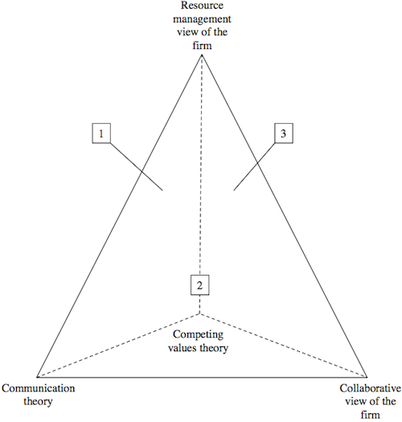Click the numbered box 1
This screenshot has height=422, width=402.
coord(101,133)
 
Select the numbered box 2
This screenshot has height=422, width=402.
coord(199,285)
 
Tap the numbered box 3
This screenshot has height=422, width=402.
coord(284,133)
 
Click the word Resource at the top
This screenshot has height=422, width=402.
coord(202,6)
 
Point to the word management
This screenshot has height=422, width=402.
coord(202,19)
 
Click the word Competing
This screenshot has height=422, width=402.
coord(198,335)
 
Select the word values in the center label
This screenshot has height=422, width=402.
coord(182,348)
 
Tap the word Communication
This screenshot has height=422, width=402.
coord(39,388)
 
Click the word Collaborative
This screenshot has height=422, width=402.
coord(370,388)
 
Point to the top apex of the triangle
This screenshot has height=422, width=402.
coord(202,55)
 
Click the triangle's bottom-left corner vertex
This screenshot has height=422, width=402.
coord(37,377)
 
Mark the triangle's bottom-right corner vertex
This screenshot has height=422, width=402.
coord(367,377)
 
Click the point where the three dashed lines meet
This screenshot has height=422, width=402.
coord(199,313)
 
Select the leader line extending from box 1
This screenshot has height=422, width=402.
coord(137,167)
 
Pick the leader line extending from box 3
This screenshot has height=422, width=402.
coord(254,167)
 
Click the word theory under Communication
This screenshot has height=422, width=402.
coord(38,402)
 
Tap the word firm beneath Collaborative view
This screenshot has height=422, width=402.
coord(370,415)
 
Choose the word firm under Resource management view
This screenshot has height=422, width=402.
coord(202,45)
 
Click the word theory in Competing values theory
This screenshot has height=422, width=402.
coord(213,348)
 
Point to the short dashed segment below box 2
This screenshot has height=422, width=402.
coord(199,305)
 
